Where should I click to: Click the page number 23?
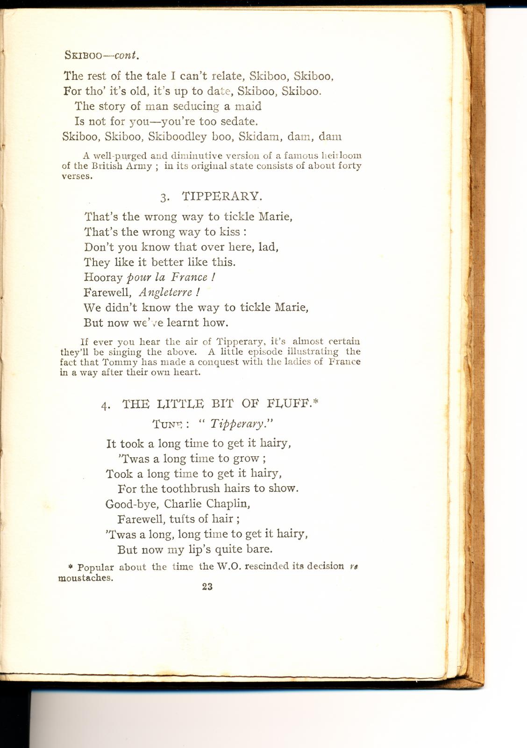tap(207, 587)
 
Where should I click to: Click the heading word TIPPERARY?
tap(219, 196)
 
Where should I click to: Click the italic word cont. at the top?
tap(127, 55)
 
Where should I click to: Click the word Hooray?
tap(103, 277)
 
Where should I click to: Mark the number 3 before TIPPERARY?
tap(164, 197)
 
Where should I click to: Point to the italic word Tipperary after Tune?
tap(237, 424)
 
